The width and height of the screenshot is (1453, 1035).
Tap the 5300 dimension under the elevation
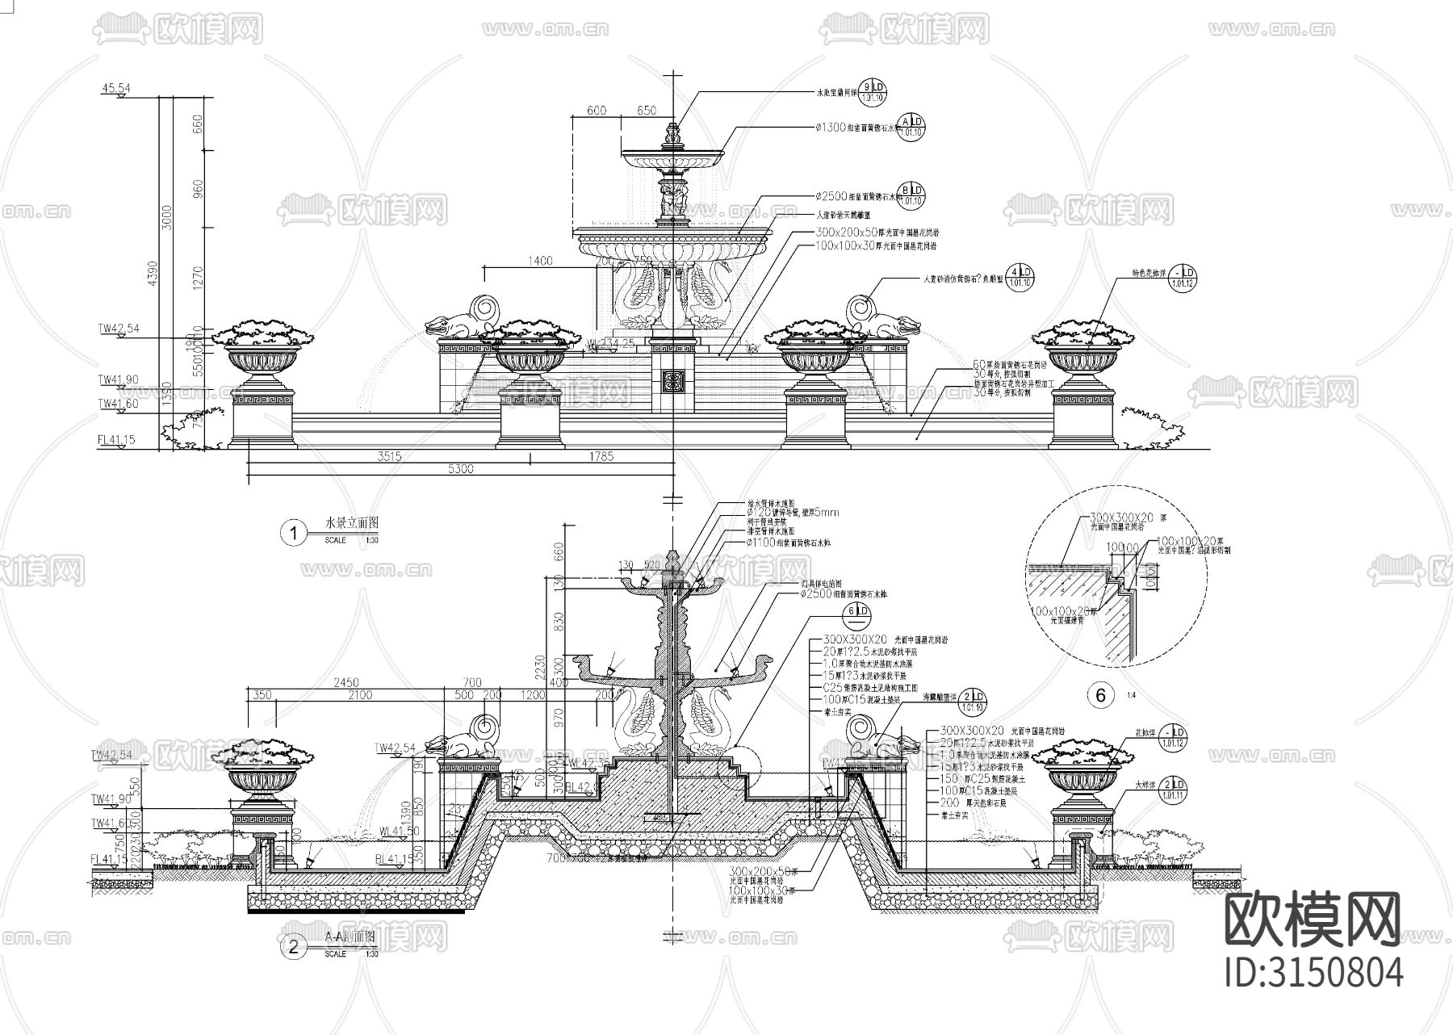[459, 469]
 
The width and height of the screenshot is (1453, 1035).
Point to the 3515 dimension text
[389, 456]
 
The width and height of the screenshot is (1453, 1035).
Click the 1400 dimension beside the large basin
[539, 260]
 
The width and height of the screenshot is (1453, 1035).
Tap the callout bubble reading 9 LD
[872, 92]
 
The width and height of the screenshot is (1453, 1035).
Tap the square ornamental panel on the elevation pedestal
[673, 380]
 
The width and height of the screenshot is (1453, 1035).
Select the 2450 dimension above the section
[343, 683]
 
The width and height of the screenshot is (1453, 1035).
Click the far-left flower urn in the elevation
[261, 355]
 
